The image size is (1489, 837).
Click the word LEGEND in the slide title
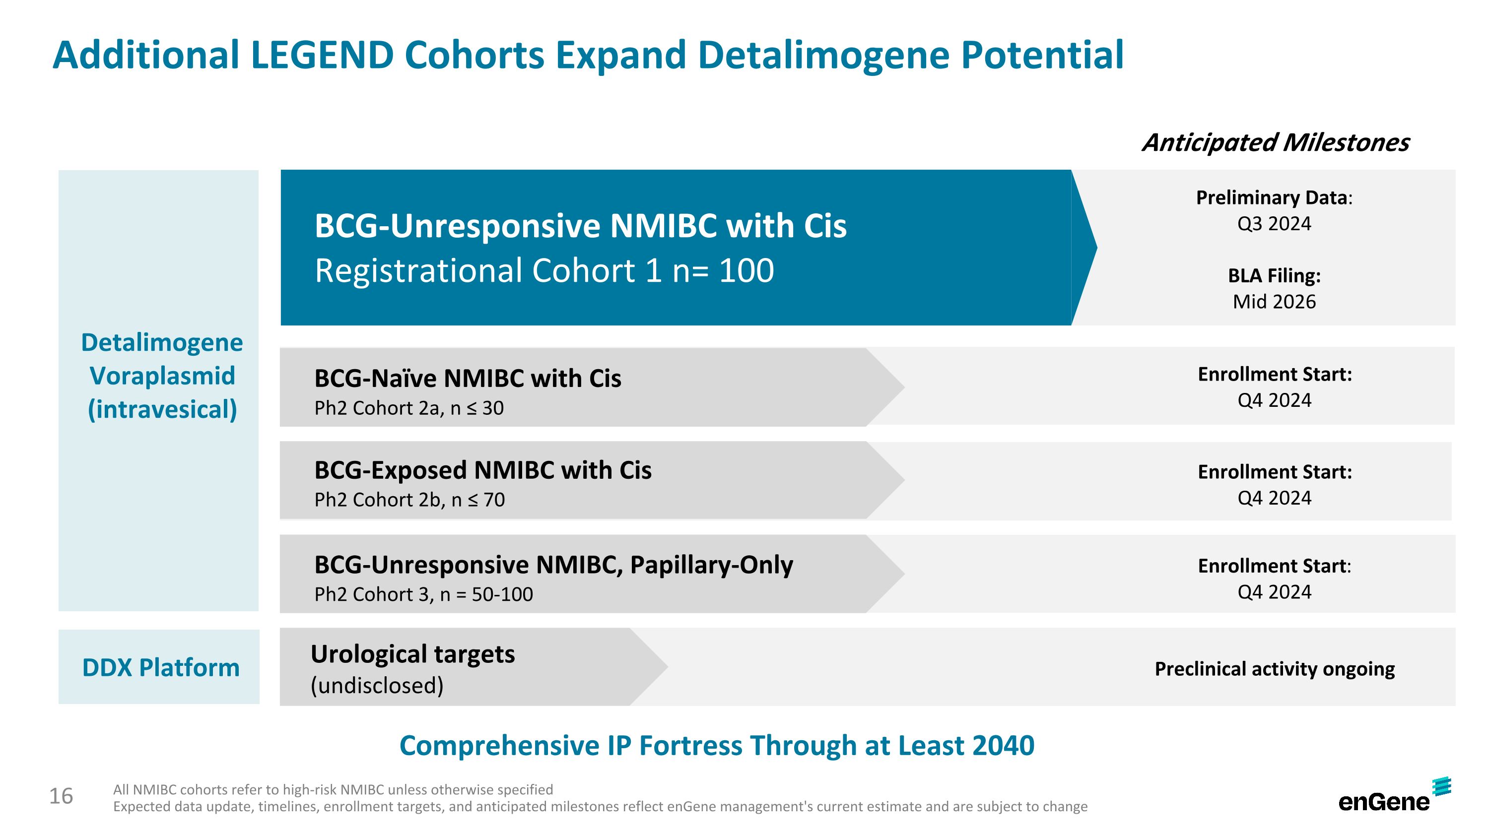click(322, 56)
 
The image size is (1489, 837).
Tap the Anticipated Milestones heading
click(1275, 142)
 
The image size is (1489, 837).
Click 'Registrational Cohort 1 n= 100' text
click(543, 270)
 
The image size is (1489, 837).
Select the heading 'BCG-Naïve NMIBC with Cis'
click(467, 379)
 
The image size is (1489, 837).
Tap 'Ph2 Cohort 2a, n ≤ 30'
click(408, 408)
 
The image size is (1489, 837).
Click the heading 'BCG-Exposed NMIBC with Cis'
click(482, 470)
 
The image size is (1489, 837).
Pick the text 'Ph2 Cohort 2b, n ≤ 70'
click(409, 500)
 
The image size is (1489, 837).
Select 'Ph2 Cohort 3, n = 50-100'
click(423, 594)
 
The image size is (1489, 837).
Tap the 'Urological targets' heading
click(412, 654)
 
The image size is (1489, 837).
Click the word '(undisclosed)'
click(377, 686)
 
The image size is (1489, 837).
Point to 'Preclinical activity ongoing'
click(1274, 669)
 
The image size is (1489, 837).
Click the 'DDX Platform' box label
click(160, 668)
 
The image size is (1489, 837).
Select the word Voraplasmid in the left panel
click(162, 376)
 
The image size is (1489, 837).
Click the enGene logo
click(1393, 796)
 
